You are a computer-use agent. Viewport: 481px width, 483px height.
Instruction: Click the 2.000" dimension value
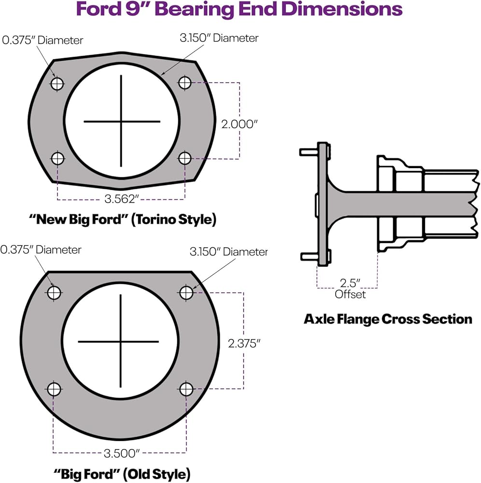click(x=239, y=124)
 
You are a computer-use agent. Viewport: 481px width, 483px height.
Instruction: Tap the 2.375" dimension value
click(x=244, y=343)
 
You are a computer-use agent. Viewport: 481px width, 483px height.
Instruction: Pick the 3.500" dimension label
click(x=122, y=453)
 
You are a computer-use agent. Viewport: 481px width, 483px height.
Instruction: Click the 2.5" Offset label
click(x=350, y=289)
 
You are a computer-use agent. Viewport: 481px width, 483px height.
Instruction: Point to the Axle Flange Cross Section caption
click(x=388, y=319)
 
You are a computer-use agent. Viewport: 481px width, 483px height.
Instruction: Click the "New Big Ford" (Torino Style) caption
click(x=123, y=220)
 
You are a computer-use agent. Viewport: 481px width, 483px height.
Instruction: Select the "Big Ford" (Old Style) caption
click(x=122, y=474)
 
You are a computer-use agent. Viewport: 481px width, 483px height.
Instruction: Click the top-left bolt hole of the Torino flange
click(x=57, y=84)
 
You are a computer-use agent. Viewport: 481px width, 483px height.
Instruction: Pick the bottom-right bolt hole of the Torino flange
click(x=185, y=158)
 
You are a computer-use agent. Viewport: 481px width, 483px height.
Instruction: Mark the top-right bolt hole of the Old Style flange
click(x=186, y=293)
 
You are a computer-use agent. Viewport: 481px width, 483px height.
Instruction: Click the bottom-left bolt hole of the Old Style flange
click(x=54, y=389)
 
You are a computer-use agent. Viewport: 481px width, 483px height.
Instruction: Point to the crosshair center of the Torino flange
click(x=121, y=121)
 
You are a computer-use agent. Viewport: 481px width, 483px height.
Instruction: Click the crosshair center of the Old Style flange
click(x=120, y=341)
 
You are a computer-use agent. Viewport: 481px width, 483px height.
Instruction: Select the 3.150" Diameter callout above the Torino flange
click(x=219, y=38)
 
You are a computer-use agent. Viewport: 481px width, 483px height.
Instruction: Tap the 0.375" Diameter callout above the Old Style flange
click(x=41, y=250)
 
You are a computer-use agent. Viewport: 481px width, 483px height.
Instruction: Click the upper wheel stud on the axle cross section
click(x=309, y=152)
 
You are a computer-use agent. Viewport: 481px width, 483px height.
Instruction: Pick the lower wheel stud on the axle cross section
click(x=309, y=256)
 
